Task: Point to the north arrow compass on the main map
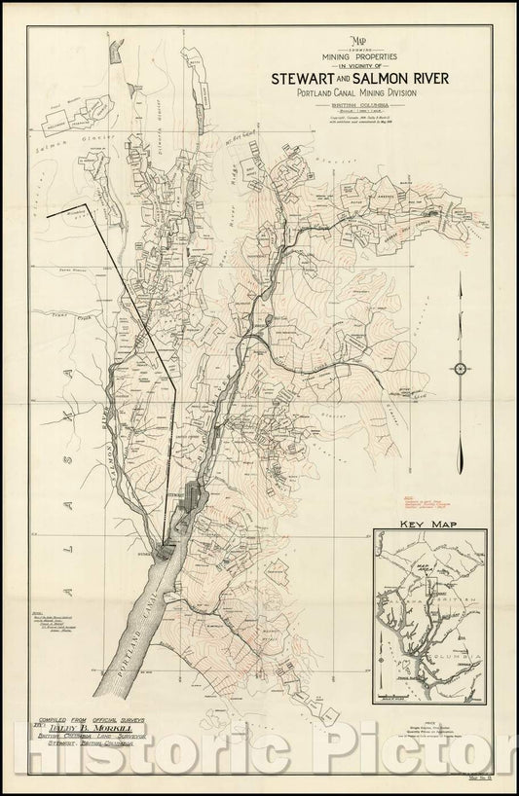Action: pos(461,368)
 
